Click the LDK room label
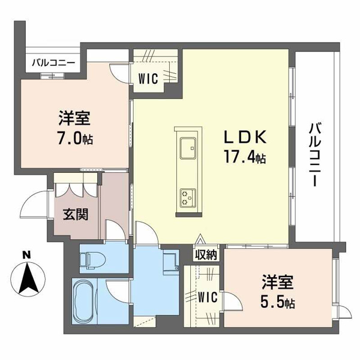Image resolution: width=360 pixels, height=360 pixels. (245, 137)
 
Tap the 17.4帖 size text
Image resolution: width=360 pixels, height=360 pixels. (245, 157)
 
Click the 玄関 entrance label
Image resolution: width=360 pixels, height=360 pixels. (76, 215)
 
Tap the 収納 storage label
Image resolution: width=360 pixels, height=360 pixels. (206, 254)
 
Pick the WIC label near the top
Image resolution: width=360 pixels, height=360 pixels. (148, 79)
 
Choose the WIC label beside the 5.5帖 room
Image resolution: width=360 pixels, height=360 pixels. (208, 297)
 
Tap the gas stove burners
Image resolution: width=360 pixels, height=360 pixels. (188, 197)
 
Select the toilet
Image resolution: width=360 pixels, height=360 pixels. (92, 260)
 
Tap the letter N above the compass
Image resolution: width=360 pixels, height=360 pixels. (28, 254)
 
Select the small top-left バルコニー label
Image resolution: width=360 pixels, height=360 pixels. (53, 62)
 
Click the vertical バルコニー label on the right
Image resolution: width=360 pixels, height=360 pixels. (316, 154)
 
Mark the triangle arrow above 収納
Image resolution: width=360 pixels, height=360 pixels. (201, 239)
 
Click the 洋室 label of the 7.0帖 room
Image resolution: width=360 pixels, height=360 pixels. (74, 118)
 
